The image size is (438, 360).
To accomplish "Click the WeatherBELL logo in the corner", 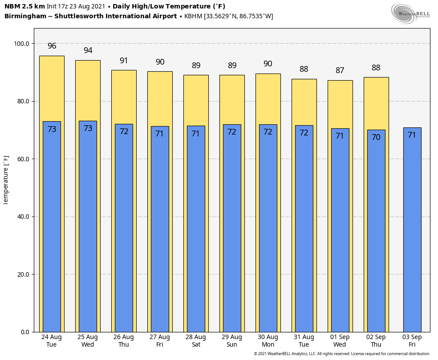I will coord(411,13).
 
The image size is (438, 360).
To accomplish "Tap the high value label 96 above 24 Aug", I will coord(52,46).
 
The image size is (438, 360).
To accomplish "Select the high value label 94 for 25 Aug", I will coord(88,51).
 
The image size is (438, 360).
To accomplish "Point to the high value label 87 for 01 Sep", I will coord(340,71).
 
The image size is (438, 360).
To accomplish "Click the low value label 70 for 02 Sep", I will coord(376,137).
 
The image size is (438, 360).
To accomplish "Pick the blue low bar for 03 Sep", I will coord(412,232).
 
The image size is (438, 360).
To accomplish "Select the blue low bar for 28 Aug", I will coord(196,232).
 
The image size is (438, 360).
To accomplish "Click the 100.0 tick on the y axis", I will coord(22,44).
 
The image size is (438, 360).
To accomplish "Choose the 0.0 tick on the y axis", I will coord(24,332).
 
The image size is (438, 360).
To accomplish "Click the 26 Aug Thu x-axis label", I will coord(124,341).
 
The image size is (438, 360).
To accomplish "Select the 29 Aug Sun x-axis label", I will coord(232,341).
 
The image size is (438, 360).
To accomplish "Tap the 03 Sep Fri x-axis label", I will coord(412,341).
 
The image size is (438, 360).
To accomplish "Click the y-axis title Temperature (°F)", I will coord(6,180).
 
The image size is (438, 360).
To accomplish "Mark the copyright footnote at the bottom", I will coord(342,354).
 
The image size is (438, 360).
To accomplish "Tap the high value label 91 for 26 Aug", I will coord(124,61).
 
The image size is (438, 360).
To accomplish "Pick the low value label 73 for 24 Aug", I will coord(52,129).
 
